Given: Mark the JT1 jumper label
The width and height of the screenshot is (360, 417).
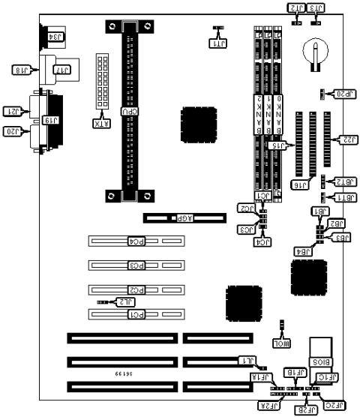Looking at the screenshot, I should (x=217, y=43).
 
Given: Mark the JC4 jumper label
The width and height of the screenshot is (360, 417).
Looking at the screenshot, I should (x=263, y=242).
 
